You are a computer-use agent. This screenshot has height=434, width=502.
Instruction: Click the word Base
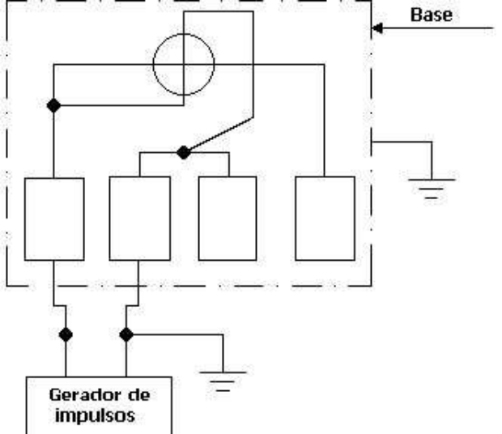(x=432, y=15)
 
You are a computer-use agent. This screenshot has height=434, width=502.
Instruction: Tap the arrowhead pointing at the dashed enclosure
(x=378, y=28)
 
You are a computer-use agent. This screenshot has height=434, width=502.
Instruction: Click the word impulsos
(x=95, y=415)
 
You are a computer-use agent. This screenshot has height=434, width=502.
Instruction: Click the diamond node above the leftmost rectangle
(x=53, y=105)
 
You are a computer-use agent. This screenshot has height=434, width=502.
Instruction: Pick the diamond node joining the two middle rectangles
(x=184, y=152)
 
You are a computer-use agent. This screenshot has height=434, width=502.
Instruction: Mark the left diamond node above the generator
(x=66, y=334)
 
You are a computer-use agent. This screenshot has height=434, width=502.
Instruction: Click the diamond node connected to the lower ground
(x=126, y=334)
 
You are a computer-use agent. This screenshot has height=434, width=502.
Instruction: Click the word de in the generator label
(x=139, y=396)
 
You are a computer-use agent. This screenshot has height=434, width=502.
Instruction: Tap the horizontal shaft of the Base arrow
(x=438, y=28)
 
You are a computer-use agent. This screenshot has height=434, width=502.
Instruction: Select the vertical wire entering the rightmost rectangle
(x=325, y=121)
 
